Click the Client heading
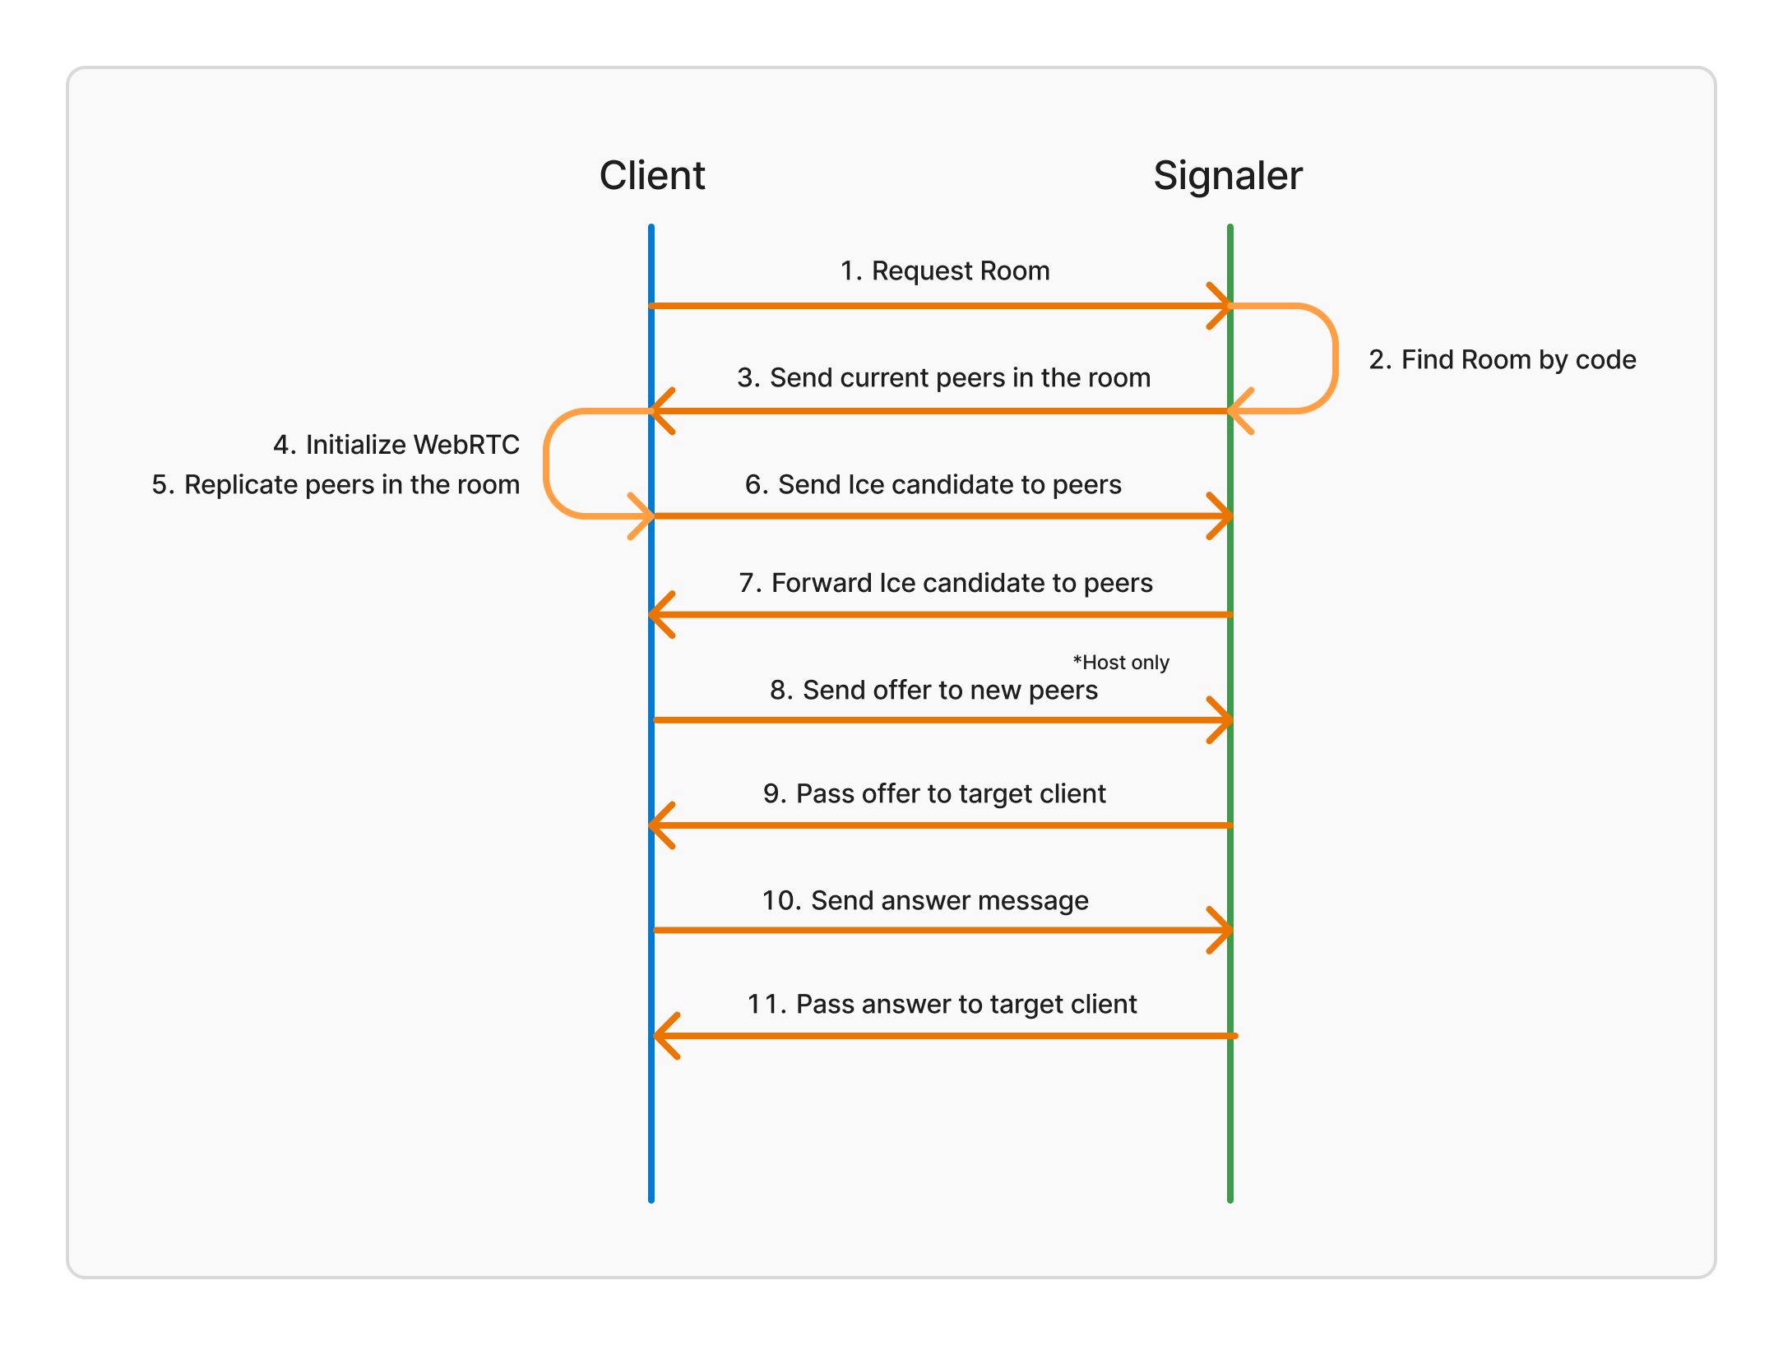click(651, 175)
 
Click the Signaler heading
click(1227, 175)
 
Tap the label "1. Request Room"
click(944, 270)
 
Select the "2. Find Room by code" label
click(1502, 359)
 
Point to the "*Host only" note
click(1120, 663)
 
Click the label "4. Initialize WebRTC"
click(396, 444)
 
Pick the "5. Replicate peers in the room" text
click(336, 484)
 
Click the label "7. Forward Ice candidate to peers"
click(946, 583)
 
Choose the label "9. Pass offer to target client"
click(934, 793)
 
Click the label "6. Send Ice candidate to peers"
click(933, 484)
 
